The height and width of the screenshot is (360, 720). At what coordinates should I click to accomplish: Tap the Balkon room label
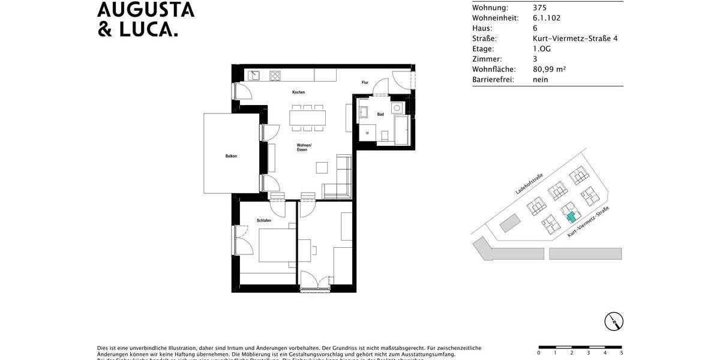(x=231, y=156)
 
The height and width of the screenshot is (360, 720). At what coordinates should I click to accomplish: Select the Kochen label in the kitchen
(x=298, y=92)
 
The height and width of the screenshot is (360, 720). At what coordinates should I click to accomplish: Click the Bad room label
(x=380, y=114)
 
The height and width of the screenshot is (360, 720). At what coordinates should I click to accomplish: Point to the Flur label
(x=365, y=82)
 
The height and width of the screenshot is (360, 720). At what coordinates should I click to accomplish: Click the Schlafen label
(x=264, y=221)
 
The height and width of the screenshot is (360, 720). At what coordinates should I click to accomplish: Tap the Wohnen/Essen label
(x=303, y=147)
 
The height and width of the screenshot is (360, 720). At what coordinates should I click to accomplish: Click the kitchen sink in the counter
(x=254, y=76)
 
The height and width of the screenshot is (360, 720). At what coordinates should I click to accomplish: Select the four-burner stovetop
(x=275, y=76)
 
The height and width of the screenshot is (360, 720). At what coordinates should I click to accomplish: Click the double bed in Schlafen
(x=276, y=247)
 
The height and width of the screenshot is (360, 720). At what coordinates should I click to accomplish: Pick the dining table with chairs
(x=307, y=117)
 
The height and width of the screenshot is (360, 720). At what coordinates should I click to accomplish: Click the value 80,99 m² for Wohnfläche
(x=549, y=69)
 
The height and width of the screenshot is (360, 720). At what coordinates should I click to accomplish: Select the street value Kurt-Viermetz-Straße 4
(x=575, y=38)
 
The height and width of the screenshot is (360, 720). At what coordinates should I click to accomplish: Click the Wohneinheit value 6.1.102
(x=547, y=18)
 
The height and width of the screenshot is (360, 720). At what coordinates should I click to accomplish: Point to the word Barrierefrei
(x=493, y=79)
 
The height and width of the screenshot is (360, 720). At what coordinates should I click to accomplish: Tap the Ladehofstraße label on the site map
(x=529, y=184)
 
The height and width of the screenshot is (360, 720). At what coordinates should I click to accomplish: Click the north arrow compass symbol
(x=614, y=322)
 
